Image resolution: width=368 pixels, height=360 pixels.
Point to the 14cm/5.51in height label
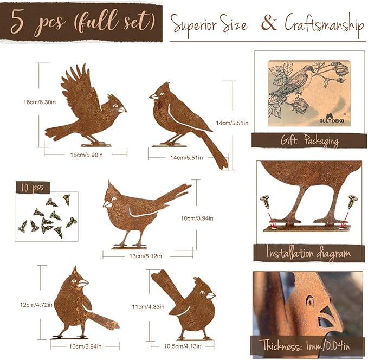click(232, 123)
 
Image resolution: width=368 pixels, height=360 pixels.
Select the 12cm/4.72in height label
click(36, 305)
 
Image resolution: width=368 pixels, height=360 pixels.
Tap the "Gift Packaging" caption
click(309, 141)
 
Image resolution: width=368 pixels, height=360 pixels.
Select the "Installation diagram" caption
click(309, 253)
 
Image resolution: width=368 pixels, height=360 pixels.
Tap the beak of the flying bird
click(122, 109)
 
